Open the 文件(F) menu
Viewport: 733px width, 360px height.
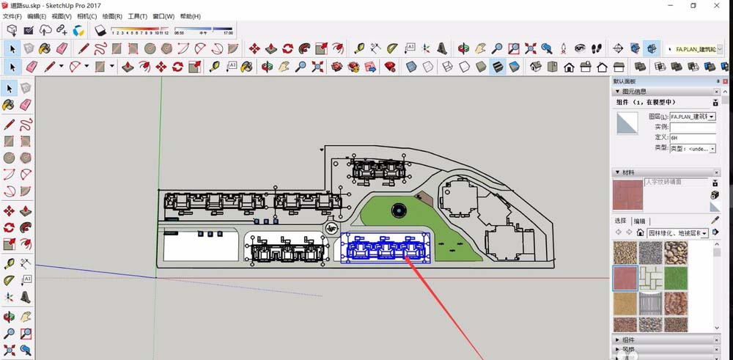(12, 16)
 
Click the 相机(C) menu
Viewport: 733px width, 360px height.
(86, 16)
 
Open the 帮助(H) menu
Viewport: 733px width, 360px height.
(191, 16)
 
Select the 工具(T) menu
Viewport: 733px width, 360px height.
(137, 16)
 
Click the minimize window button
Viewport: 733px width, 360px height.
(670, 5)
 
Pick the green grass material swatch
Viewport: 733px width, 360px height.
(675, 279)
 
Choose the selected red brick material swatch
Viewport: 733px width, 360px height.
(625, 279)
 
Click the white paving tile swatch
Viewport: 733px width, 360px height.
(650, 279)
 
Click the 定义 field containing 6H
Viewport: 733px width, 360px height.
(692, 137)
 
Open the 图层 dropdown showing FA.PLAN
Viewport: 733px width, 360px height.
(692, 117)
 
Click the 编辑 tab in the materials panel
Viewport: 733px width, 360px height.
(640, 221)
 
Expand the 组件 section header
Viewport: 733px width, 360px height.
(628, 339)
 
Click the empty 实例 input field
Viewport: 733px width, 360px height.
(692, 127)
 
